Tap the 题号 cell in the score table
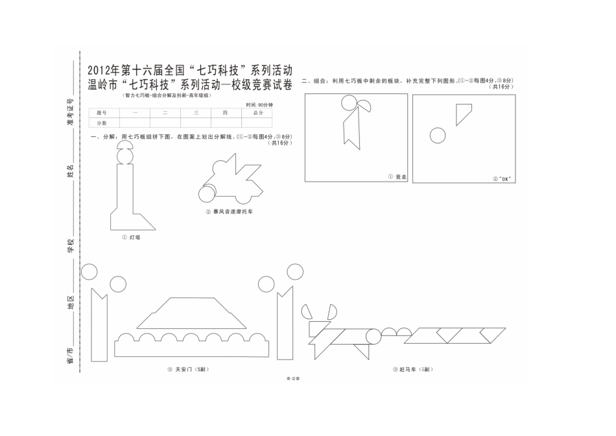101,113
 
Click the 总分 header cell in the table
257,113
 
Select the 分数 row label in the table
101,123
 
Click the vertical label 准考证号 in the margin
70,111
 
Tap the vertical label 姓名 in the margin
70,171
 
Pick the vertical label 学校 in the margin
70,246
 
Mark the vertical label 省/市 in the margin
70,355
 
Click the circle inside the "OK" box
438,136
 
